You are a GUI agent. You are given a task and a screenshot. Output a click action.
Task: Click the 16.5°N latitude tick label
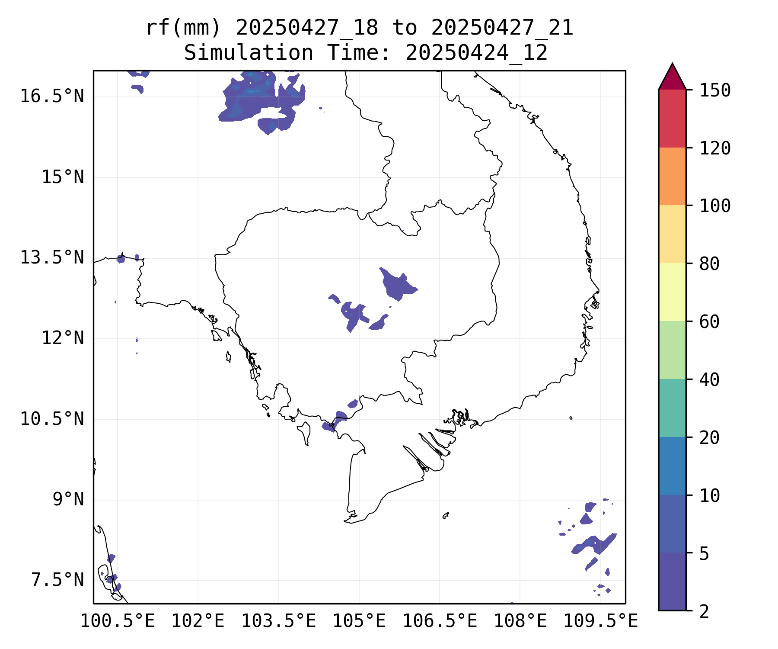click(52, 96)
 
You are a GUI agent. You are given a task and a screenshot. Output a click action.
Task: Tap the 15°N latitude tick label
click(62, 177)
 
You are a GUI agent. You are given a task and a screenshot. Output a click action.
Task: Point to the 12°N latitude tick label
click(62, 338)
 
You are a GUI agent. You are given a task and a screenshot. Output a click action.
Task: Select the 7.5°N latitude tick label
click(57, 580)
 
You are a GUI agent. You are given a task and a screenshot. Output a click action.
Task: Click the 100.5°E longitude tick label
click(118, 621)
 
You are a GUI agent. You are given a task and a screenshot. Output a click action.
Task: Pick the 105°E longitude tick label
click(359, 621)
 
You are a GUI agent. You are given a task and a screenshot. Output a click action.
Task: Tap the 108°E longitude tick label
click(520, 621)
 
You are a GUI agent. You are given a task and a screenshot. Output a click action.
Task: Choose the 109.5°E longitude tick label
click(600, 621)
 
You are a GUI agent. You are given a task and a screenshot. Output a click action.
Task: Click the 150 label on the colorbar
click(715, 90)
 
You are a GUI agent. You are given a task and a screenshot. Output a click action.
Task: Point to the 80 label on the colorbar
click(709, 263)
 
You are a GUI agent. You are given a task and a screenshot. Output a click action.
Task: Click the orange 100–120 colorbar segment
click(672, 176)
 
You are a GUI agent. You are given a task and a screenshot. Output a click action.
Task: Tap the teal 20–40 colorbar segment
click(672, 408)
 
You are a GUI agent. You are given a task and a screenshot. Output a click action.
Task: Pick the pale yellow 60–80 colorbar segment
click(672, 292)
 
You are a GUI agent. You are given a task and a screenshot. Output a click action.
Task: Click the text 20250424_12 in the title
click(476, 53)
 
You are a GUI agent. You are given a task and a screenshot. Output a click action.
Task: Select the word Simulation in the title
click(249, 53)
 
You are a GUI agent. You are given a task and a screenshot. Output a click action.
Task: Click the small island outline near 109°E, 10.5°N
click(571, 418)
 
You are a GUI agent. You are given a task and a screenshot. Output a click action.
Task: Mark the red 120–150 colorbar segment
click(672, 118)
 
